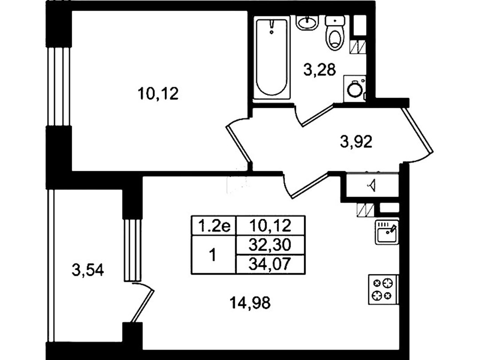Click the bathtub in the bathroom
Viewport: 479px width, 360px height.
pyautogui.click(x=271, y=58)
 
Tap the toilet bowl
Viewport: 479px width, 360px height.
pyautogui.click(x=335, y=33)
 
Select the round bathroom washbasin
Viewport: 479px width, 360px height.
pyautogui.click(x=307, y=22)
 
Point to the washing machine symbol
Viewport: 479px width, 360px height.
pyautogui.click(x=355, y=88)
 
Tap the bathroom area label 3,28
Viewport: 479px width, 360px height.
pyautogui.click(x=319, y=70)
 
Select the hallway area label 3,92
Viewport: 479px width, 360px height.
pyautogui.click(x=356, y=142)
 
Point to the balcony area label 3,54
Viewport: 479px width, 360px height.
pyautogui.click(x=88, y=270)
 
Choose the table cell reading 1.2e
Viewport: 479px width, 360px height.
pyautogui.click(x=214, y=226)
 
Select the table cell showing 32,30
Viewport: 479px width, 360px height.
pyautogui.click(x=271, y=245)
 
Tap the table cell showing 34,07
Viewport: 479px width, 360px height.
pyautogui.click(x=271, y=264)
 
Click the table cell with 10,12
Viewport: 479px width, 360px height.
pyautogui.click(x=271, y=226)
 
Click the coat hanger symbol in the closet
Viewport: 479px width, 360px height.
pyautogui.click(x=373, y=185)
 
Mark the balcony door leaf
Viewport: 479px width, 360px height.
pyautogui.click(x=143, y=305)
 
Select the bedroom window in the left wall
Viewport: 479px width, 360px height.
pyautogui.click(x=59, y=87)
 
